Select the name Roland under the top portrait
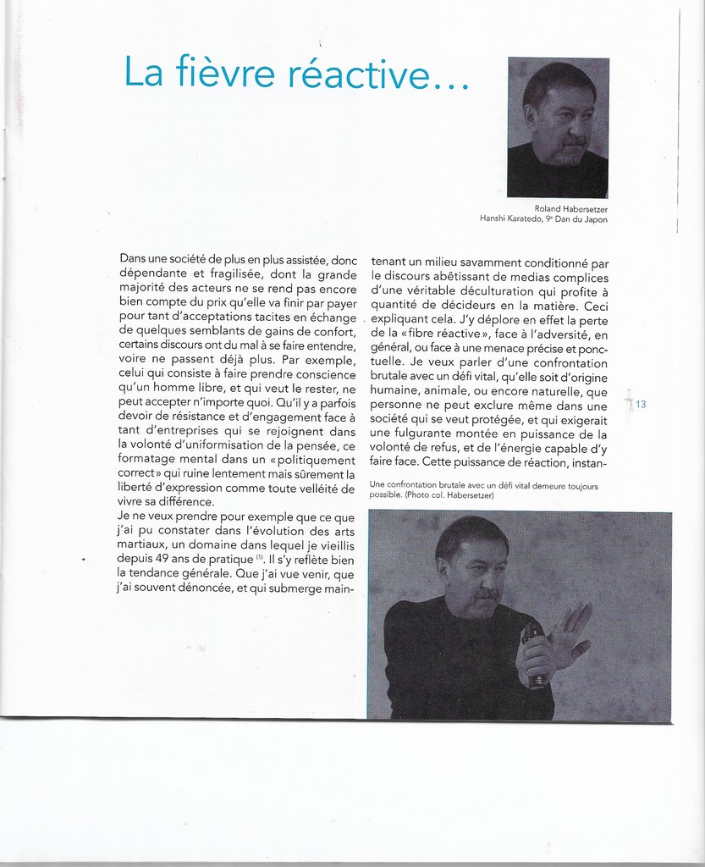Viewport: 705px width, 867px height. point(548,208)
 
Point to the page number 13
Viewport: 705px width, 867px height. point(641,405)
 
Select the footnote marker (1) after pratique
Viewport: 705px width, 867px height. point(260,558)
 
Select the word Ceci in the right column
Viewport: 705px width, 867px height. point(596,306)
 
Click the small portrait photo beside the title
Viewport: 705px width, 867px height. point(558,127)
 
